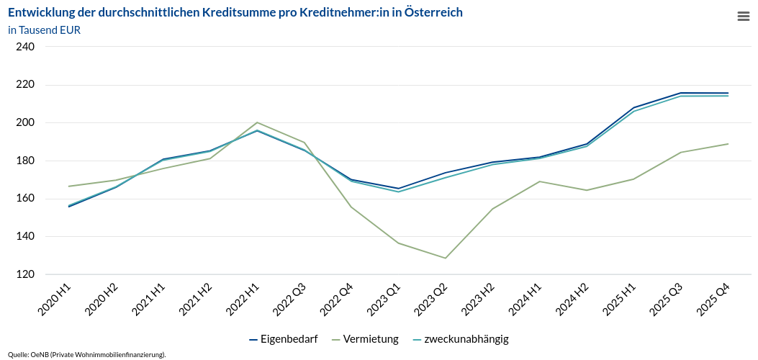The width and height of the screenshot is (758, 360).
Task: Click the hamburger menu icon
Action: pyautogui.click(x=744, y=17)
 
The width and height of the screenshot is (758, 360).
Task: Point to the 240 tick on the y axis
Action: pyautogui.click(x=25, y=47)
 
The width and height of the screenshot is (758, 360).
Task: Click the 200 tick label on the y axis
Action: pyautogui.click(x=25, y=122)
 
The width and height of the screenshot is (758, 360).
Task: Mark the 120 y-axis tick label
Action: pyautogui.click(x=25, y=274)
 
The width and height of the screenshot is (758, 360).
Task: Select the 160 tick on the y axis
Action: pyautogui.click(x=25, y=199)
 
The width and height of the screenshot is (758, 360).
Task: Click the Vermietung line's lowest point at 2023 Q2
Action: pyautogui.click(x=446, y=258)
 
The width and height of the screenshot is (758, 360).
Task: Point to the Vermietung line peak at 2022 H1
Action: pyautogui.click(x=257, y=122)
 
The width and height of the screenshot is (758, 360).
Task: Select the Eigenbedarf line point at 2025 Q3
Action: pyautogui.click(x=681, y=93)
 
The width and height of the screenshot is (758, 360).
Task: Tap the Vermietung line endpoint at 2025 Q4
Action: pyautogui.click(x=728, y=144)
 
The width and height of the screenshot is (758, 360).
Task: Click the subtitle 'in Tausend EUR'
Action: pyautogui.click(x=45, y=30)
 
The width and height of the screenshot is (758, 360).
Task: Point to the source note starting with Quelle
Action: pyautogui.click(x=87, y=354)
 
